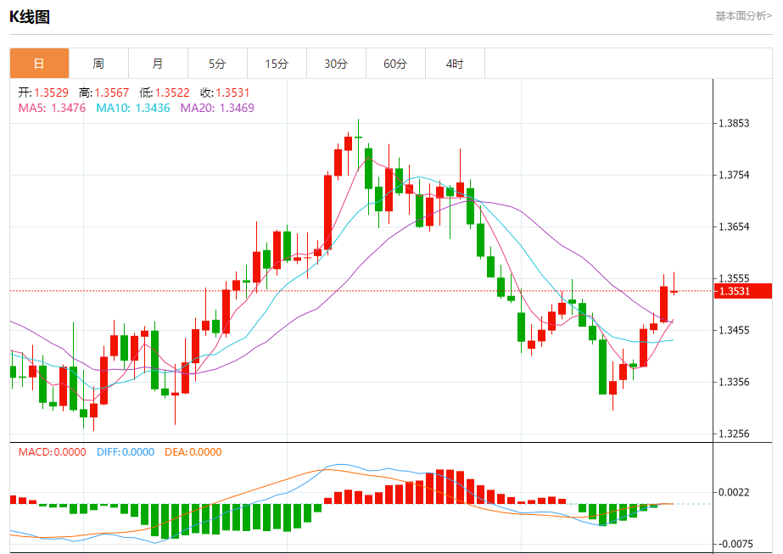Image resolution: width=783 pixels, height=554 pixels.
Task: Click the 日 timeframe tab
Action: pyautogui.click(x=39, y=64)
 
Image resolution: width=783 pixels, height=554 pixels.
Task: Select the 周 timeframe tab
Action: pyautogui.click(x=98, y=64)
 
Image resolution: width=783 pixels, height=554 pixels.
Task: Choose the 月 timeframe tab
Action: pyautogui.click(x=158, y=64)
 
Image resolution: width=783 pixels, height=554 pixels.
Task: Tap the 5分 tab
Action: pyautogui.click(x=217, y=64)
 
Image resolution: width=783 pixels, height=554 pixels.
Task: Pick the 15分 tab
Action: pyautogui.click(x=277, y=64)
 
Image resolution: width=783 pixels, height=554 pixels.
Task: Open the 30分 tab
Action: pyautogui.click(x=336, y=64)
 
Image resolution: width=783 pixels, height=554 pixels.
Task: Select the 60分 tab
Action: pyautogui.click(x=395, y=64)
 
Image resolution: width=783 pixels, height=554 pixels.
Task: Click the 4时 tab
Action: pyautogui.click(x=455, y=64)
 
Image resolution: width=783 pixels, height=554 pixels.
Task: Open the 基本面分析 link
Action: pyautogui.click(x=743, y=15)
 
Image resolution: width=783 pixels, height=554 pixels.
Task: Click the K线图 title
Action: pyautogui.click(x=30, y=17)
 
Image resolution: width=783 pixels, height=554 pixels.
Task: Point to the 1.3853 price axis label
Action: pyautogui.click(x=733, y=123)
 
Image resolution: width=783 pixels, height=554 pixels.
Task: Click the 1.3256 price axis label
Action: pyautogui.click(x=733, y=434)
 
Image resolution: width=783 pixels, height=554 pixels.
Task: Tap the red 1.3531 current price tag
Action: pyautogui.click(x=743, y=291)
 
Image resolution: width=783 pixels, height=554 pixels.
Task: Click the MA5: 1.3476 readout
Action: pyautogui.click(x=52, y=108)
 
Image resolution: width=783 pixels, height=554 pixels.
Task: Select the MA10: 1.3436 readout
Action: pyautogui.click(x=133, y=108)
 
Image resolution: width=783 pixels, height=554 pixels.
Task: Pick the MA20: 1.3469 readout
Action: pyautogui.click(x=217, y=108)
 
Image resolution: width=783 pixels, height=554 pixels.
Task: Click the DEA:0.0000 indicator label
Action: pyautogui.click(x=193, y=452)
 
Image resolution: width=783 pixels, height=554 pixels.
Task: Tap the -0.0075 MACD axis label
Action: pyautogui.click(x=735, y=544)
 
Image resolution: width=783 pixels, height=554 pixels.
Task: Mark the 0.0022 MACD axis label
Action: pyautogui.click(x=733, y=492)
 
